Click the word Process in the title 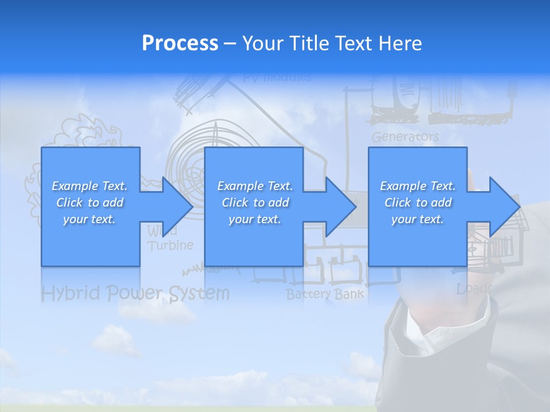[x=180, y=43]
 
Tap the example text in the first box [x=90, y=203]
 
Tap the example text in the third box [x=418, y=203]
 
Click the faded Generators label [x=405, y=137]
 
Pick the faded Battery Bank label [x=325, y=295]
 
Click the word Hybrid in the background [x=70, y=294]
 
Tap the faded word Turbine [x=170, y=245]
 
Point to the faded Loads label [x=474, y=289]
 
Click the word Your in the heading [x=263, y=43]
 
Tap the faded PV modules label [x=277, y=77]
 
